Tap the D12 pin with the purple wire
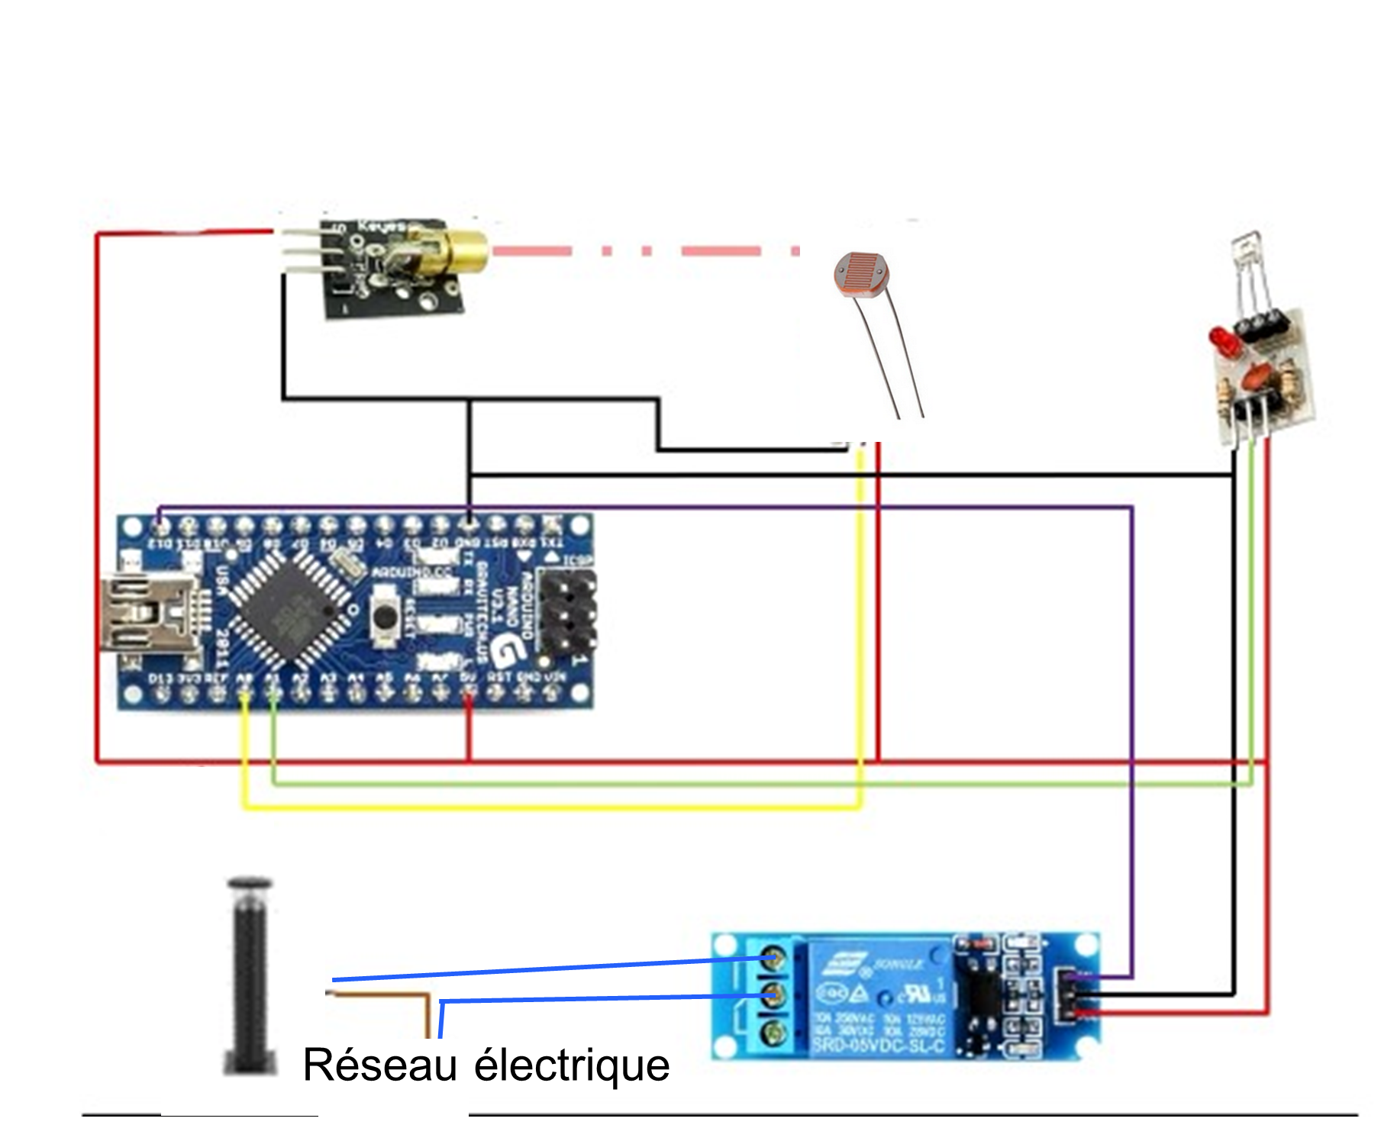[160, 526]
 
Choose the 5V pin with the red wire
[469, 694]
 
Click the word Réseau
[379, 1065]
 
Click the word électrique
[572, 1065]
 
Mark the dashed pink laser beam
[645, 251]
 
